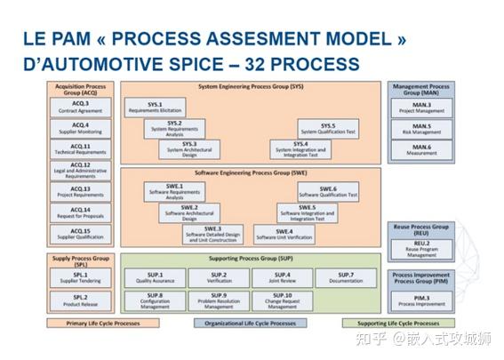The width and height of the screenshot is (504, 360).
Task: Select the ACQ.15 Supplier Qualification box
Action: pos(81,234)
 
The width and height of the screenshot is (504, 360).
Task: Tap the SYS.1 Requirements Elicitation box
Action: pos(156,108)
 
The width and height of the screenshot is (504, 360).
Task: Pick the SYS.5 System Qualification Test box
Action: pos(328,128)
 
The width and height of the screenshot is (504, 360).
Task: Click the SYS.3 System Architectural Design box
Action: pos(189,148)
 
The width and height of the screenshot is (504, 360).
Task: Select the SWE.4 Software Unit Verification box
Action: pos(284,234)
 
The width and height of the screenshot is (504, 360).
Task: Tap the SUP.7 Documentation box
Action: pos(346,277)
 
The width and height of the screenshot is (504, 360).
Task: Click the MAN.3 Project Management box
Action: pos(421,108)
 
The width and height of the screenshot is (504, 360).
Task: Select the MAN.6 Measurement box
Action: pos(421,149)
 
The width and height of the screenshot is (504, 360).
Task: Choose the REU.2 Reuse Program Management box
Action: pos(421,250)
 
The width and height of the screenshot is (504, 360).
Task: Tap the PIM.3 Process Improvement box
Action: pos(421,300)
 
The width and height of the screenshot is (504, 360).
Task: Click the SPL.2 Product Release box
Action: pos(81,300)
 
